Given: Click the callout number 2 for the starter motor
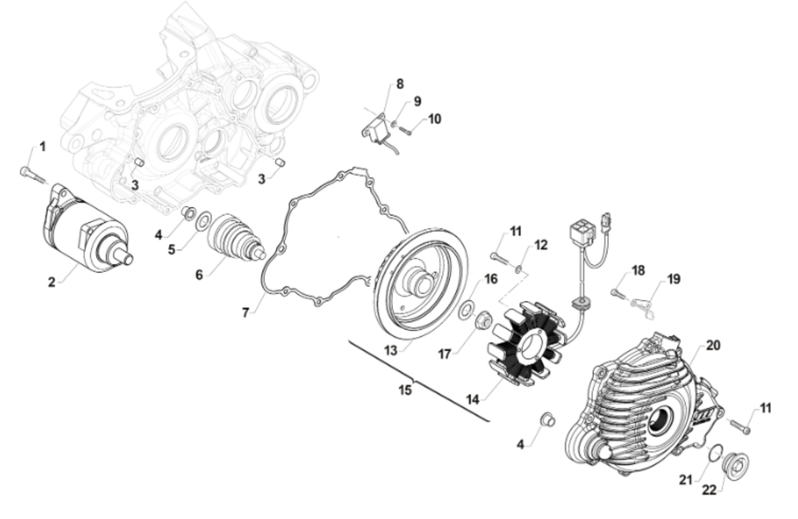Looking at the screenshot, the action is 52,282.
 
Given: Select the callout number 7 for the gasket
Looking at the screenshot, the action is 245,313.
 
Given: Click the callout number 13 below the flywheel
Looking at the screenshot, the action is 390,351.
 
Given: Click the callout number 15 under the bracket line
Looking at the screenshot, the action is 405,390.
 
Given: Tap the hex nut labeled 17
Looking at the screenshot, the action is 483,318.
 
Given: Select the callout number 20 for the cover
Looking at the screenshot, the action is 713,346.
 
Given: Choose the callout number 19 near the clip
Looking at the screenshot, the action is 673,279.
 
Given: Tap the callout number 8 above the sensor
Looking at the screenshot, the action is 400,84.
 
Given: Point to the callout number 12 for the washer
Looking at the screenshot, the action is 541,245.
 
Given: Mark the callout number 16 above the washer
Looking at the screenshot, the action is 491,279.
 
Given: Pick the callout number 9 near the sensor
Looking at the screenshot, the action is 417,102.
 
